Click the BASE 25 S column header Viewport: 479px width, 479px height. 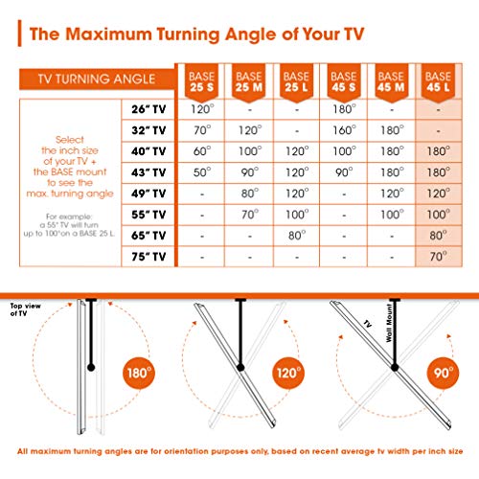[201, 82]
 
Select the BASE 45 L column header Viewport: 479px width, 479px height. [438, 82]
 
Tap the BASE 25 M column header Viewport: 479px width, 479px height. [249, 82]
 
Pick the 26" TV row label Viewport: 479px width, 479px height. [148, 109]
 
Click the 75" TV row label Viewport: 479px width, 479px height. [148, 257]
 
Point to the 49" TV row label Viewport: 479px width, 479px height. [148, 194]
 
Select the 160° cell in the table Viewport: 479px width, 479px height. [344, 130]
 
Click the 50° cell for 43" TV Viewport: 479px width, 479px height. [202, 172]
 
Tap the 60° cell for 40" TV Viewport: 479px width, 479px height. [202, 151]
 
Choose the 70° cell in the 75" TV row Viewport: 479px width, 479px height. [438, 257]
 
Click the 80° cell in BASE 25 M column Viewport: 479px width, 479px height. [250, 194]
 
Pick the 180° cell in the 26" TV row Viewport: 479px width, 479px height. [344, 109]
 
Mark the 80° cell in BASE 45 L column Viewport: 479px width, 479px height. [438, 236]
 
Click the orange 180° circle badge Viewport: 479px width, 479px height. [139, 373]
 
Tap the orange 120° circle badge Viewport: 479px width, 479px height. [288, 373]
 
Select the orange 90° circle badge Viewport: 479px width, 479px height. [444, 373]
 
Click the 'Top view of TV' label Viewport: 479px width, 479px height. [25, 309]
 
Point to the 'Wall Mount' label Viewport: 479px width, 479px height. [389, 323]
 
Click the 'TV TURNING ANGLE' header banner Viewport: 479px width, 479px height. [97, 79]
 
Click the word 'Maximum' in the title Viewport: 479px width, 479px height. [108, 34]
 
